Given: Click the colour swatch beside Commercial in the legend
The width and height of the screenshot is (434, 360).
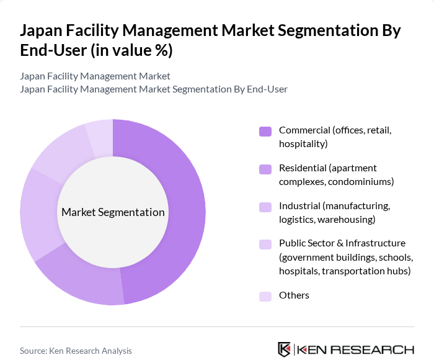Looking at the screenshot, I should point(265,131).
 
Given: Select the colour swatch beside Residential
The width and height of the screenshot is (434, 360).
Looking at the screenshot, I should point(265,169).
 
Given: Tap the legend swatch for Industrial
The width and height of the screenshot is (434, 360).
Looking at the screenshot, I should point(265,207).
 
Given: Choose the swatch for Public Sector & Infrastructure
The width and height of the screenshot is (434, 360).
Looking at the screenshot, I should point(265,244).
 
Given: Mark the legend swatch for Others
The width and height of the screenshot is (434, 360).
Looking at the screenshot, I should point(265,296).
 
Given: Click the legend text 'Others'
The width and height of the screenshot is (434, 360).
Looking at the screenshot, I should point(294,295).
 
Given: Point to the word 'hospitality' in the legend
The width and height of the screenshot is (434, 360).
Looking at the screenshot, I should point(303,144).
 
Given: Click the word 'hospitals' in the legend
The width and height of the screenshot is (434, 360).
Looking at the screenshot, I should point(299,271).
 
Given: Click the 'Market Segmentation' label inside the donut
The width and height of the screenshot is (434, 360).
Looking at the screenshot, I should point(113,212).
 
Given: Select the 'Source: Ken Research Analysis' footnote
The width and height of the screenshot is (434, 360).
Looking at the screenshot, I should point(76,351).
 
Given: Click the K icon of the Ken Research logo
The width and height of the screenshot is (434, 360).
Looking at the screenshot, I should point(285,349).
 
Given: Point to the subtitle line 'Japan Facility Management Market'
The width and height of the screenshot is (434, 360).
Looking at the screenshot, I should point(95,76).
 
